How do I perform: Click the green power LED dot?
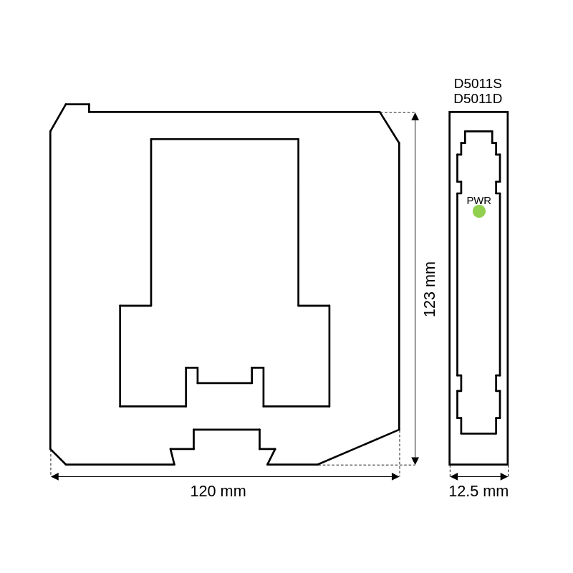coord(478,211)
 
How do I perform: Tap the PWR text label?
coord(478,201)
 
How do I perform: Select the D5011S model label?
coord(478,84)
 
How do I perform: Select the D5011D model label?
coord(478,99)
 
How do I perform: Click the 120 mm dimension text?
coord(218,491)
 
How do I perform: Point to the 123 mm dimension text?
coord(430,289)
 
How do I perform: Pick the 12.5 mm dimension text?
coord(478,491)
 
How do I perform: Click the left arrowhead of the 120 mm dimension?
coord(55,476)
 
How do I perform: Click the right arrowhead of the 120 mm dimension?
coord(395,476)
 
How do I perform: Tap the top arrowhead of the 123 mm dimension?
coord(415,117)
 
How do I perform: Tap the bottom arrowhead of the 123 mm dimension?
coord(415,461)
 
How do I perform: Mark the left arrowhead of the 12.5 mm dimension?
coord(454,476)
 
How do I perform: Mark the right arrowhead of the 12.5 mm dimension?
coord(504,476)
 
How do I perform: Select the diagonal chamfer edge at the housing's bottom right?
coord(359,447)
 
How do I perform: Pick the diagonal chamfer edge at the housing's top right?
coord(390,127)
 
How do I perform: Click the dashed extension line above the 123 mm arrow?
coord(398,112)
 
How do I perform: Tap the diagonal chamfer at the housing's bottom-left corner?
coord(58,457)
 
